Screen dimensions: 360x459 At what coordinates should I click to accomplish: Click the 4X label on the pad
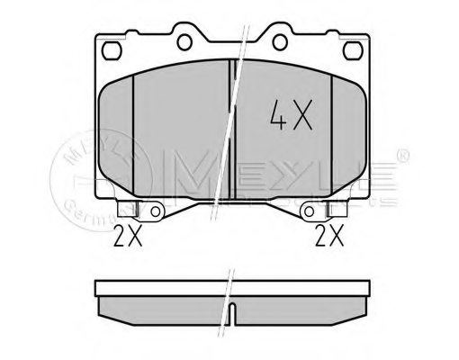click(290, 115)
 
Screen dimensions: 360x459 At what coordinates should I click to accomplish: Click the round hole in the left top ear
click(186, 40)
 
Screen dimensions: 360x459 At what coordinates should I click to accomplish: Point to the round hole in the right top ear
click(274, 40)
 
